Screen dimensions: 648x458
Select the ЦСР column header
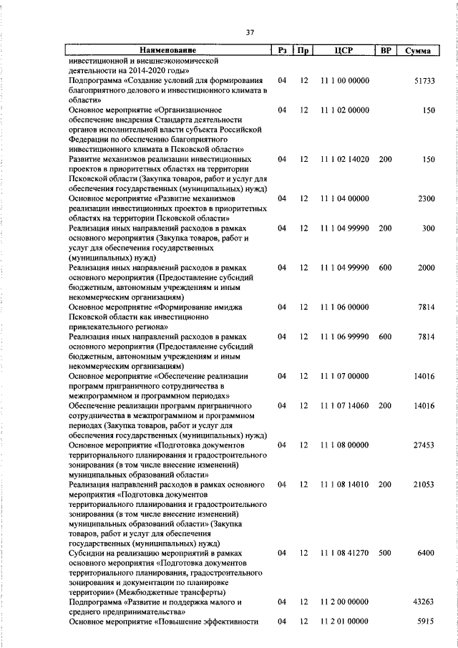(344, 51)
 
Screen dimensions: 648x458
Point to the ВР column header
(386, 51)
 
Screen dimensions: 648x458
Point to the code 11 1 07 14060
(345, 405)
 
